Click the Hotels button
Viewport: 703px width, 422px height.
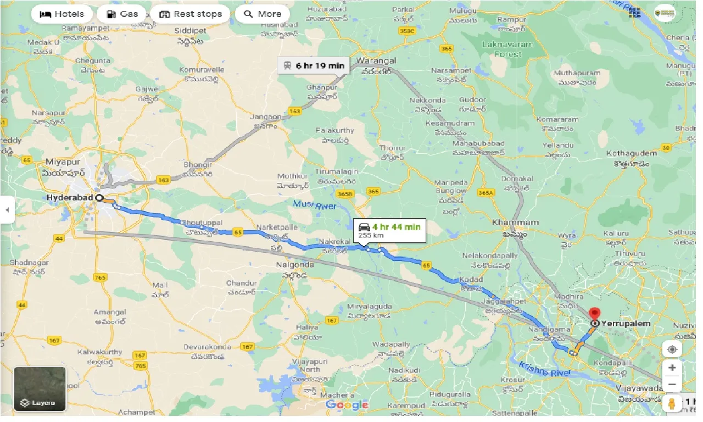click(62, 14)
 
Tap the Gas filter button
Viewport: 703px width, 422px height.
click(121, 14)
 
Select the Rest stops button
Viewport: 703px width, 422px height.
click(191, 14)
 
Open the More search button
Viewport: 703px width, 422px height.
click(262, 14)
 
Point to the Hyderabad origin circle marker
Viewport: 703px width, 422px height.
click(99, 198)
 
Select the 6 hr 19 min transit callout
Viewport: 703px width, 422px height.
click(314, 65)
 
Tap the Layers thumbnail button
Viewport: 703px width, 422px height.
click(40, 389)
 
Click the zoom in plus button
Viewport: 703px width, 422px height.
click(672, 367)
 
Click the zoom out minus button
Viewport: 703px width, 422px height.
click(672, 384)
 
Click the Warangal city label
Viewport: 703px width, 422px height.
click(376, 60)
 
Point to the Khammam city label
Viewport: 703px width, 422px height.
click(508, 223)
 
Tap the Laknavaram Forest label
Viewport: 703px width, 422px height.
click(500, 49)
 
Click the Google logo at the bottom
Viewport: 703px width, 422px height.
click(347, 405)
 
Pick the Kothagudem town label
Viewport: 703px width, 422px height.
click(632, 153)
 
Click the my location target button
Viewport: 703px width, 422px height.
click(672, 349)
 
